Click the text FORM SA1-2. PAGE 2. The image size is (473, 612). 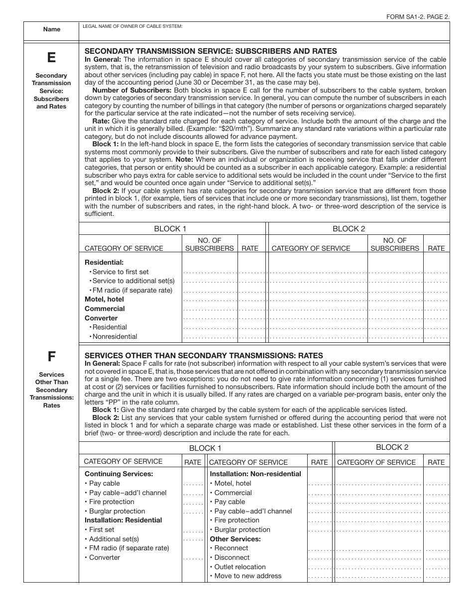418,16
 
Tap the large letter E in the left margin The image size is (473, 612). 51,58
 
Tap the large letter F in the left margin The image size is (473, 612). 51,356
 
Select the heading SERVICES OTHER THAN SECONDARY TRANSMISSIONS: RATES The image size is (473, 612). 204,355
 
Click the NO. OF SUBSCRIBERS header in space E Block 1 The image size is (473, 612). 210,244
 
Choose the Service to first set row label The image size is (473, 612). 120,272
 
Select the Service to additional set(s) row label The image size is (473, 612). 133,281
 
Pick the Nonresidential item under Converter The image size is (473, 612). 115,336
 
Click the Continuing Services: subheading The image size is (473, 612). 118,474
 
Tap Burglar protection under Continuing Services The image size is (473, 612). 117,511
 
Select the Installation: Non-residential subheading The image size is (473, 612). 255,474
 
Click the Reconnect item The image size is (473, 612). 231,548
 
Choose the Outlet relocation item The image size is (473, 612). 240,567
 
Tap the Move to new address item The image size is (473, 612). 247,576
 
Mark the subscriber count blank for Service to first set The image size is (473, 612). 210,272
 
